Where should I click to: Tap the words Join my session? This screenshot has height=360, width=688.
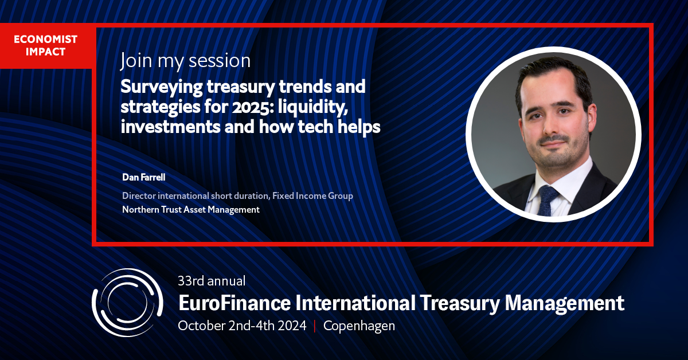coord(185,60)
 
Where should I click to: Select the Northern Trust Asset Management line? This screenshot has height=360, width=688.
coord(191,210)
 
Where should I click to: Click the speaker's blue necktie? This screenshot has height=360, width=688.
coord(549,200)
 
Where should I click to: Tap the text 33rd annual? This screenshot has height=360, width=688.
coord(212,281)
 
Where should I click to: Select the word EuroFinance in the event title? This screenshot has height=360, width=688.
coord(230,302)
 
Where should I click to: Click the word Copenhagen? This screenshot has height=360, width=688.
coord(359,326)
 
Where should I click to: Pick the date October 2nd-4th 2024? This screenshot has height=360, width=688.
coord(243,326)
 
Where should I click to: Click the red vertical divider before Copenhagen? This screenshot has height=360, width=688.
coord(315,326)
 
